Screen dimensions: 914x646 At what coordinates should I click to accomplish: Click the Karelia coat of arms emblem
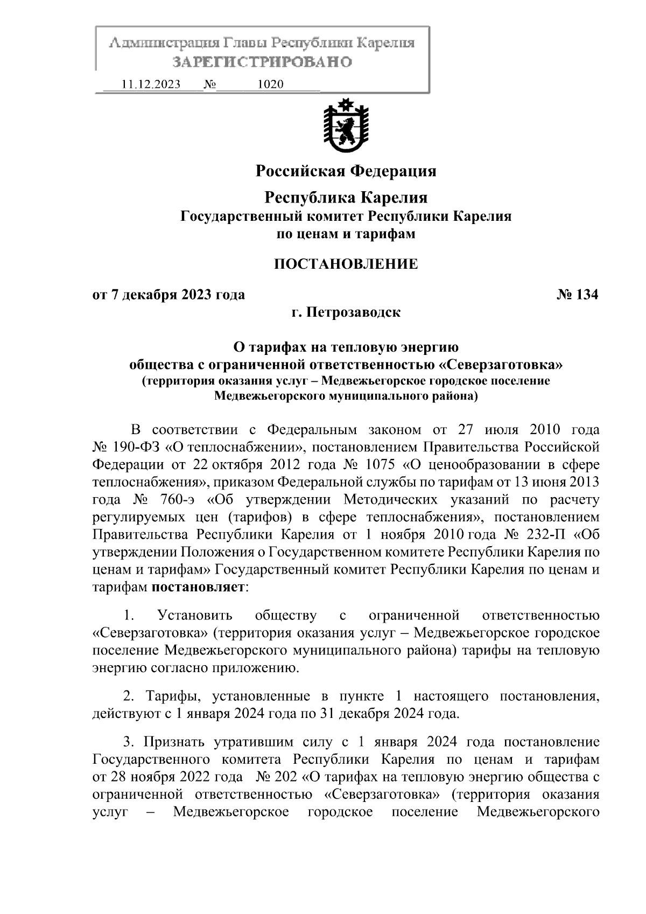pos(345,127)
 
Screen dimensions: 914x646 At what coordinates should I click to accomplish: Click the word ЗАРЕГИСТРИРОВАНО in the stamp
pos(262,62)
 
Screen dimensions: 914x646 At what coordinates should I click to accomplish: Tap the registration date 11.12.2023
pos(151,85)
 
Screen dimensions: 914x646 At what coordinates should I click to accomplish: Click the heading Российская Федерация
pos(346,171)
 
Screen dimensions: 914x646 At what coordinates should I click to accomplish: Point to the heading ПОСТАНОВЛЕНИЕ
pos(346,264)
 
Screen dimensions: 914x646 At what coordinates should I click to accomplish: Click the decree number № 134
pos(577,295)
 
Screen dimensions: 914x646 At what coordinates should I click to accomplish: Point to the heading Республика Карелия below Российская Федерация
pos(346,198)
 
